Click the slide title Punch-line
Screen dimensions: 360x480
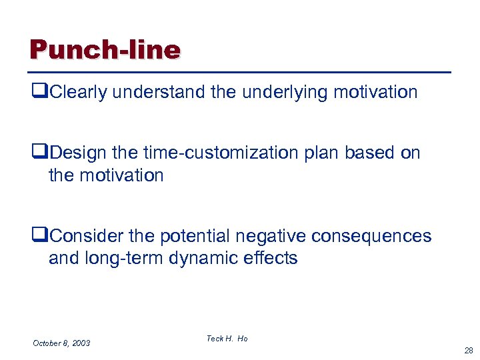tap(105, 50)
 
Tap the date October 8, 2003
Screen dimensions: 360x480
tap(61, 343)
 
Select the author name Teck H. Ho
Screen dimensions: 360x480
tap(227, 339)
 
